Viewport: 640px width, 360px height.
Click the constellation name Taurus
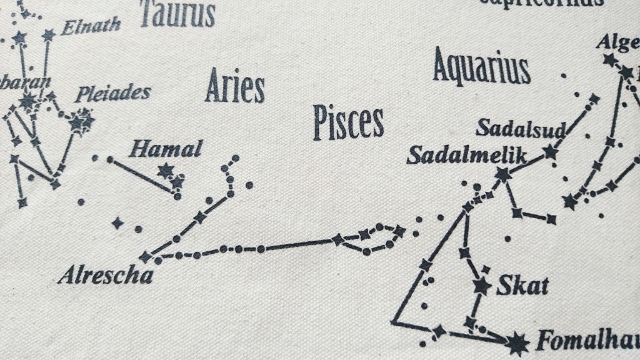177,13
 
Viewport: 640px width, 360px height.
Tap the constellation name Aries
235,86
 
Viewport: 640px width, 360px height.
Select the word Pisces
348,122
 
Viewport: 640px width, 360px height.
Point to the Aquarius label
481,67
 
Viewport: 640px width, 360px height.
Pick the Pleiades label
113,94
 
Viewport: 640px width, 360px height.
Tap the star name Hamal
166,149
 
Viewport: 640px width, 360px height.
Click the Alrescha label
106,276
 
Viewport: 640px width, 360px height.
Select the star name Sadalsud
520,128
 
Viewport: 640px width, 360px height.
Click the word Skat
522,286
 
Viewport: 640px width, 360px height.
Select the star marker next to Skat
481,286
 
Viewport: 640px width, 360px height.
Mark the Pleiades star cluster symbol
81,120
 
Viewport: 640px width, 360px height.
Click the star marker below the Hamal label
165,170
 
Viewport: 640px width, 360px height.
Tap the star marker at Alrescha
146,256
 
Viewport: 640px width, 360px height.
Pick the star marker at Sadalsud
550,151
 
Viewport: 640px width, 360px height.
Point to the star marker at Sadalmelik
503,174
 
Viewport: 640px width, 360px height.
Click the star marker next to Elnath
48,35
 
